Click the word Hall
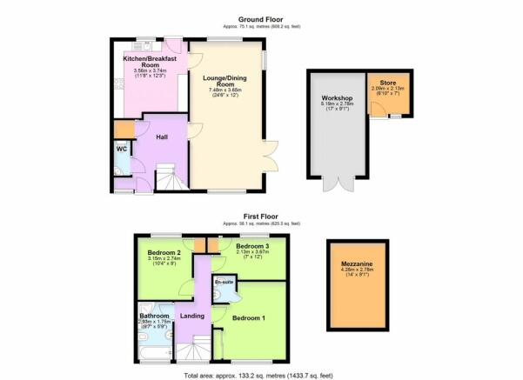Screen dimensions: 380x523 pos(162,137)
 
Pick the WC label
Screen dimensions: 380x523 pos(122,148)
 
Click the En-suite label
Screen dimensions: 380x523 pos(224,283)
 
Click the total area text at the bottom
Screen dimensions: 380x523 pos(261,374)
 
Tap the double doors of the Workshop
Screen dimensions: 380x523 pos(333,183)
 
